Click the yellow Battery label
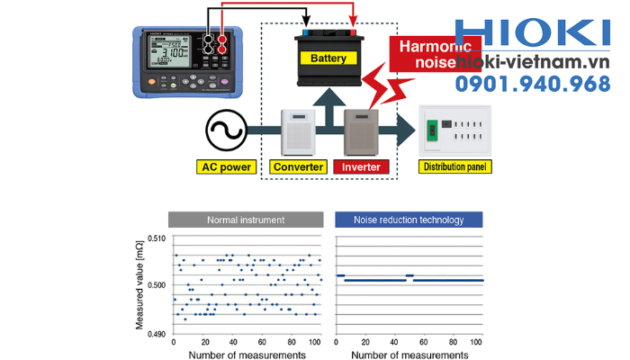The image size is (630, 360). (x=328, y=58)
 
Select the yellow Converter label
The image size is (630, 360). (x=298, y=167)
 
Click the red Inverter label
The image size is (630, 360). (x=361, y=167)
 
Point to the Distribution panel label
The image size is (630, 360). (x=456, y=167)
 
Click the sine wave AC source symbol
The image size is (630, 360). (x=225, y=131)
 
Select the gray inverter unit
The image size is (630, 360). (x=364, y=131)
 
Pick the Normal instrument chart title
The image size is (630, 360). (x=245, y=219)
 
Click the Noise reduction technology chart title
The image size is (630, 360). (x=409, y=219)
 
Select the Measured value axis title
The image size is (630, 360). (x=140, y=286)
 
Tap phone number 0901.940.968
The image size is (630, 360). (x=531, y=85)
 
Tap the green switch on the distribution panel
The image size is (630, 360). (x=434, y=131)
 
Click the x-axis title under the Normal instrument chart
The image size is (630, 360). (x=246, y=355)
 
